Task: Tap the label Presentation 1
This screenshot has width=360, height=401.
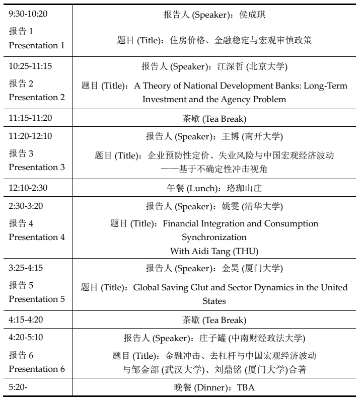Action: [x=37, y=45]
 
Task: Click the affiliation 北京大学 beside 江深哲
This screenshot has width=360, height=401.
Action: [x=271, y=67]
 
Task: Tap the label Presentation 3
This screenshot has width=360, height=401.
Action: [x=37, y=167]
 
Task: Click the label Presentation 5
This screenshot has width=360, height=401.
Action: [x=37, y=298]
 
